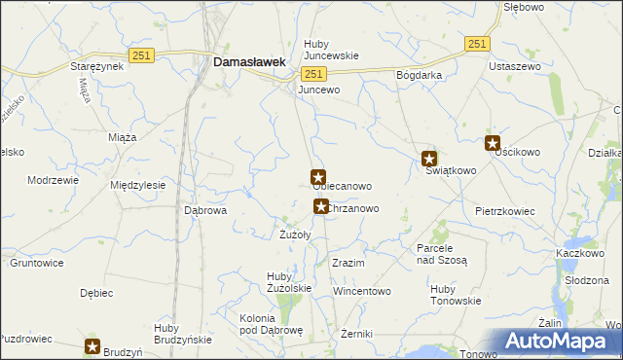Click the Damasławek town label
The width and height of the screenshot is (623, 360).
point(249,61)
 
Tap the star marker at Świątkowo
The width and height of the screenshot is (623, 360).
point(429,159)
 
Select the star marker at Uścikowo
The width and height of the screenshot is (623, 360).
point(493,143)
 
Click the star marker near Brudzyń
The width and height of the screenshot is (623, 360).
point(93,345)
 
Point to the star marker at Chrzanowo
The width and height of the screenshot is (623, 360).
point(320,206)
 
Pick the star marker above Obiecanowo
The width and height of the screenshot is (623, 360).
point(317,177)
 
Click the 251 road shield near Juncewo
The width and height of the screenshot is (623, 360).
point(312,75)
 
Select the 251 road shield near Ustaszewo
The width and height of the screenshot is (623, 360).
point(476,44)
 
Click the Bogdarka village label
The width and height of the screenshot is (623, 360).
point(420,75)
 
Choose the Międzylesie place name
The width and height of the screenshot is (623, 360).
point(139,185)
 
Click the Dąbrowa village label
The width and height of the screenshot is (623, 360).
point(205,209)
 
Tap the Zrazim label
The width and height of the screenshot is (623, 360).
point(348,264)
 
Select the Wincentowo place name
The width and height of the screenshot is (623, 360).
point(361,291)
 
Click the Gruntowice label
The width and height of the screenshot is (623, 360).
point(37,263)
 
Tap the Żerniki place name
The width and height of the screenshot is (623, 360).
point(357,334)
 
